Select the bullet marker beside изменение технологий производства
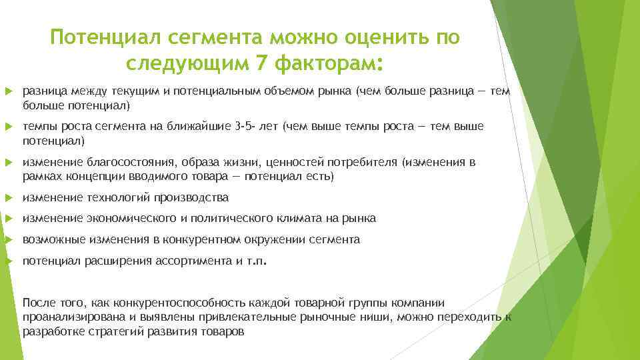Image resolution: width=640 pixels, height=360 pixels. tap(8, 198)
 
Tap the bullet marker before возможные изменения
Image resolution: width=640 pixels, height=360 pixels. tap(8, 239)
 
